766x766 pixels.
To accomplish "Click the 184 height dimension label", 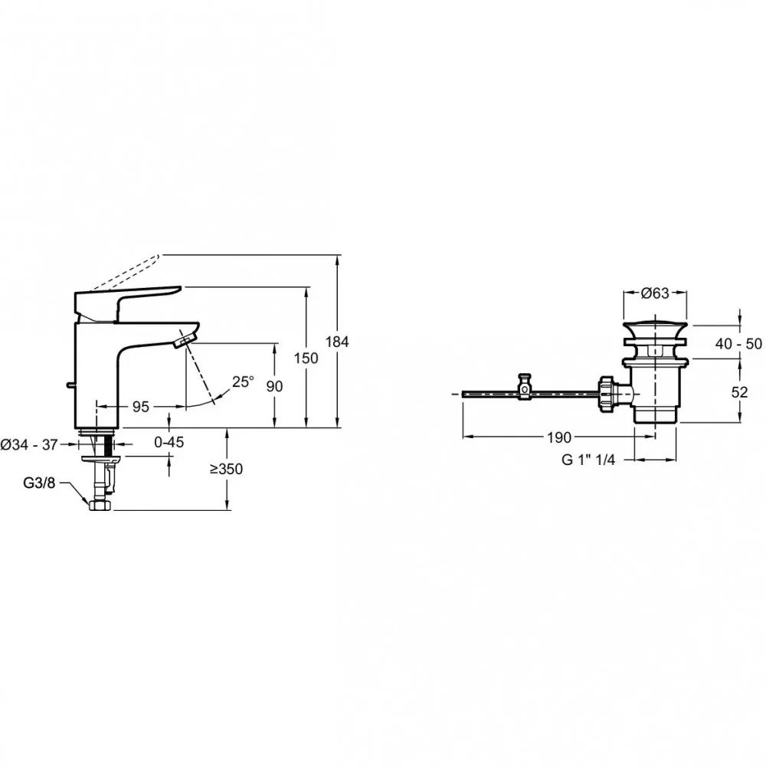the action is [x=337, y=342].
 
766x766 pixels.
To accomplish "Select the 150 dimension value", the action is [x=306, y=358].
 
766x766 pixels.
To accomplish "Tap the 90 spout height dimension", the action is [x=274, y=386].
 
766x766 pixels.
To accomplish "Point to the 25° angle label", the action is [x=243, y=381].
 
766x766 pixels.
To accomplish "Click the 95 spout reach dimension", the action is [x=141, y=407].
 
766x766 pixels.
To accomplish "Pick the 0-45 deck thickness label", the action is [x=169, y=442].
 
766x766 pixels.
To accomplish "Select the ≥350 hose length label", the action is [x=226, y=469].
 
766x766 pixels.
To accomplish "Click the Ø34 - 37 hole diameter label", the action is [x=29, y=444].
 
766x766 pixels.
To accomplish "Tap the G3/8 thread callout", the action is [x=39, y=483].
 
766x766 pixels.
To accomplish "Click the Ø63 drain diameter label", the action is [x=655, y=293].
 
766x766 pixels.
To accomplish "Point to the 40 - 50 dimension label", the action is [x=738, y=344].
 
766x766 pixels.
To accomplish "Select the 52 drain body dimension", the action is [x=740, y=391].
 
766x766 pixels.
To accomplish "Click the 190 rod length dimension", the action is [x=559, y=437].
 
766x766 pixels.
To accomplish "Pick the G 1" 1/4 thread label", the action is [x=588, y=460].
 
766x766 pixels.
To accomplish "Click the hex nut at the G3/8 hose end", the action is [x=100, y=505].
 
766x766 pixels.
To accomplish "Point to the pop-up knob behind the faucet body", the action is [x=70, y=385].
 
